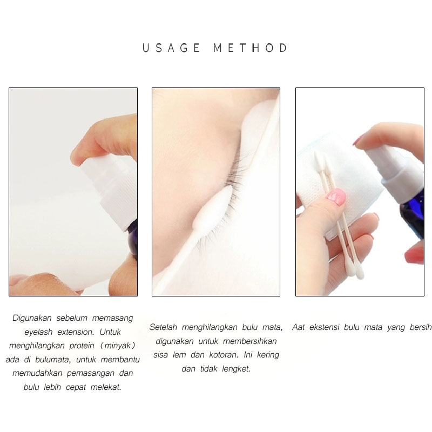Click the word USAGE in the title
tap(171, 48)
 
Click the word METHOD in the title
tap(251, 48)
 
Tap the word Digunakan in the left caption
tap(32, 318)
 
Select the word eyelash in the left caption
tap(38, 332)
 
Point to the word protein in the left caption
tap(82, 346)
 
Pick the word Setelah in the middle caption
tap(163, 327)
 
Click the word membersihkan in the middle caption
tap(249, 341)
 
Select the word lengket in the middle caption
tap(236, 369)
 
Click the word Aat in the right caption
tap(299, 327)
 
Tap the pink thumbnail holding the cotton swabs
tap(336, 197)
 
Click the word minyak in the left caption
tap(118, 346)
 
